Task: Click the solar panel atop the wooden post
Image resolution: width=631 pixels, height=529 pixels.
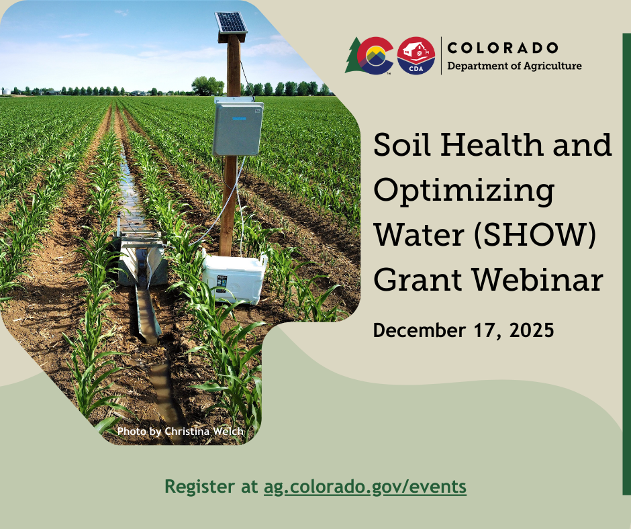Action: pos(231,23)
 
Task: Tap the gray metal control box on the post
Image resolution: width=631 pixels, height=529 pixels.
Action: pos(238,126)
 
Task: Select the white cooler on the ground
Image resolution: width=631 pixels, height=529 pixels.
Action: pos(233,277)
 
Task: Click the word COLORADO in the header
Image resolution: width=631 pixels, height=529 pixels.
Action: pos(502,48)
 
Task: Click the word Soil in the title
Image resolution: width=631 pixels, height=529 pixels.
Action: pos(400,146)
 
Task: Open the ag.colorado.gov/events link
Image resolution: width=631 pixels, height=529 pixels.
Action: pos(365,486)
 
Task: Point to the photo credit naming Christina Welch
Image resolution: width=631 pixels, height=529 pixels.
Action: pos(180,431)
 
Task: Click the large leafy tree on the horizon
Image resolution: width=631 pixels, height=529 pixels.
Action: pos(207,85)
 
